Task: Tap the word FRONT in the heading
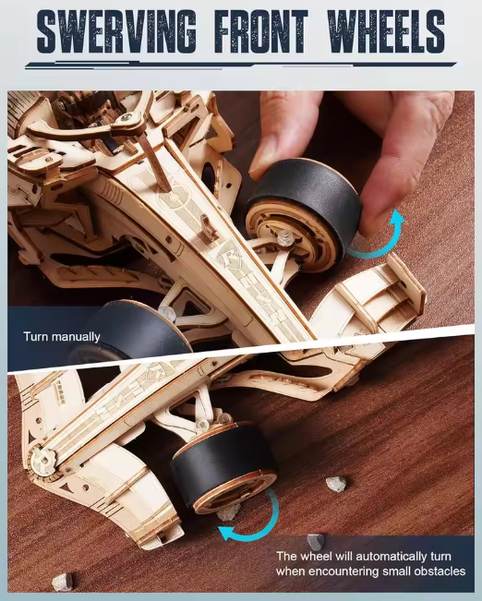pyautogui.click(x=261, y=31)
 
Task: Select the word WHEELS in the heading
pyautogui.click(x=385, y=31)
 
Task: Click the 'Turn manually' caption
pyautogui.click(x=62, y=337)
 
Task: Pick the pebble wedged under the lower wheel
pyautogui.click(x=229, y=512)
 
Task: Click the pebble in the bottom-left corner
pyautogui.click(x=63, y=583)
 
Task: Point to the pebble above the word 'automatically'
pyautogui.click(x=316, y=542)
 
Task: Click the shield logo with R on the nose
pyautogui.click(x=229, y=256)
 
